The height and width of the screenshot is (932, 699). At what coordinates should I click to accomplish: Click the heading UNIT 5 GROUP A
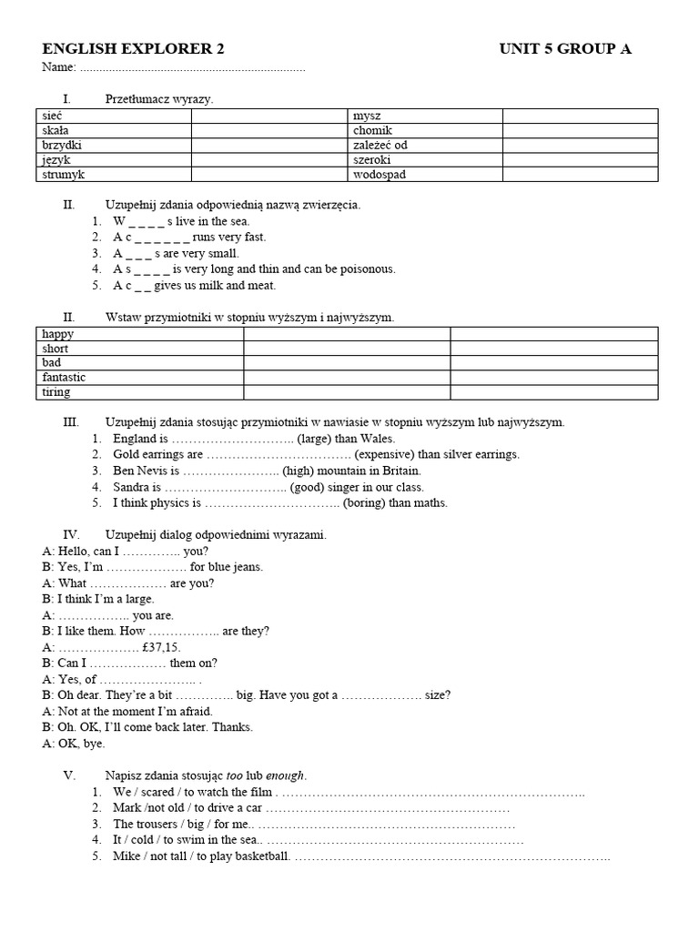pos(565,49)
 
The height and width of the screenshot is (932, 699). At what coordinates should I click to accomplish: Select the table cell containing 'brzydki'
pos(113,145)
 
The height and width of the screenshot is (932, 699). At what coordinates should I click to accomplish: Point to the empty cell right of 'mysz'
pos(580,116)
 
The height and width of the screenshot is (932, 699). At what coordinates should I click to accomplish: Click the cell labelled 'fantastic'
pos(139,377)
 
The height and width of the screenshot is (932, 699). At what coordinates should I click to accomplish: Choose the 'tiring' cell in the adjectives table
pos(139,392)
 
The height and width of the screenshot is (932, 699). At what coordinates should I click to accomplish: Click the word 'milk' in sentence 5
pos(197,285)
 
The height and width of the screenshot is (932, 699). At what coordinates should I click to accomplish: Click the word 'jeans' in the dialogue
pos(247,567)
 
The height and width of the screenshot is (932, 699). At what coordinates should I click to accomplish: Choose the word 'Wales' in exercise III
pos(377,438)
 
